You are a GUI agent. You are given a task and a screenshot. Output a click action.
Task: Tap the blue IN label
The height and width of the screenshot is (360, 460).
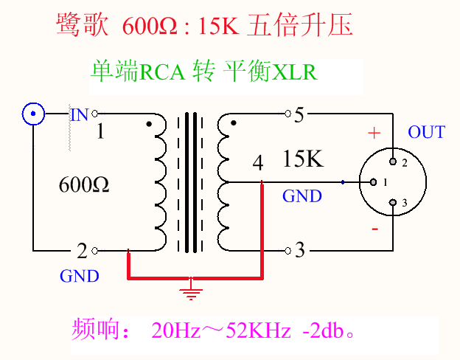point(79,114)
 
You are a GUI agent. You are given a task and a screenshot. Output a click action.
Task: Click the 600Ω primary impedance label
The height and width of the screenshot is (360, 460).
point(84,185)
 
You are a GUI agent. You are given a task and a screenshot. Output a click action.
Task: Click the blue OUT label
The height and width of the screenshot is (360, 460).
point(426,133)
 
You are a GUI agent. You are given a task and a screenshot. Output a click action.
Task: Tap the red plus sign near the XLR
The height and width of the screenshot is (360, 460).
point(374,134)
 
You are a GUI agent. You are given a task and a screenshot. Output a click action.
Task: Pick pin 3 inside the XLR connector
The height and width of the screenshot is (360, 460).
point(394,202)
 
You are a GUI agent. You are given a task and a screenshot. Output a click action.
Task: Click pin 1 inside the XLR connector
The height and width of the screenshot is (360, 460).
point(374,181)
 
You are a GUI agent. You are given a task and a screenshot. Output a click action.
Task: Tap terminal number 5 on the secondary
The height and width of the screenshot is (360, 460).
point(299,114)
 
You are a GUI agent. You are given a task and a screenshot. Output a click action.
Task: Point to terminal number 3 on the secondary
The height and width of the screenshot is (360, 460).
point(299,250)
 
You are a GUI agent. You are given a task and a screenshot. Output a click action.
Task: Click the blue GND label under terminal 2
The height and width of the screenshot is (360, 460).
point(79,276)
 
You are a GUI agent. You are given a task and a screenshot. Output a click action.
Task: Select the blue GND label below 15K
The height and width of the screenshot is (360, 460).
point(302,196)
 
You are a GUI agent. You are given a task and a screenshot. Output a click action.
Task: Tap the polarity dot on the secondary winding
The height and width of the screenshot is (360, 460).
point(234,124)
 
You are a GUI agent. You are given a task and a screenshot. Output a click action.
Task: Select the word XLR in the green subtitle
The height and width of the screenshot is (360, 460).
point(294,73)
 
